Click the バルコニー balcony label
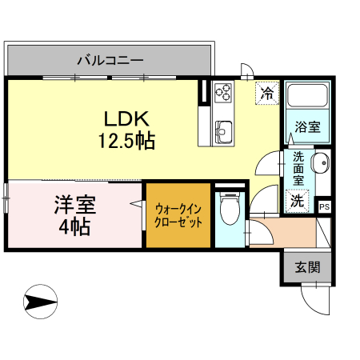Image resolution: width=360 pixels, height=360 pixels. pyautogui.click(x=110, y=59)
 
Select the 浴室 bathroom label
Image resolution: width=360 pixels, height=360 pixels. pyautogui.click(x=307, y=126)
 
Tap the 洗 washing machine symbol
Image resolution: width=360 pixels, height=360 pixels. pyautogui.click(x=296, y=200)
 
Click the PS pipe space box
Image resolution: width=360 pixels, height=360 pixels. pyautogui.click(x=324, y=206)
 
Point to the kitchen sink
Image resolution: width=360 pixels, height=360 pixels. pyautogui.click(x=222, y=128)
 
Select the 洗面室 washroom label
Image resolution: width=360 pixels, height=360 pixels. pyautogui.click(x=298, y=169)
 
